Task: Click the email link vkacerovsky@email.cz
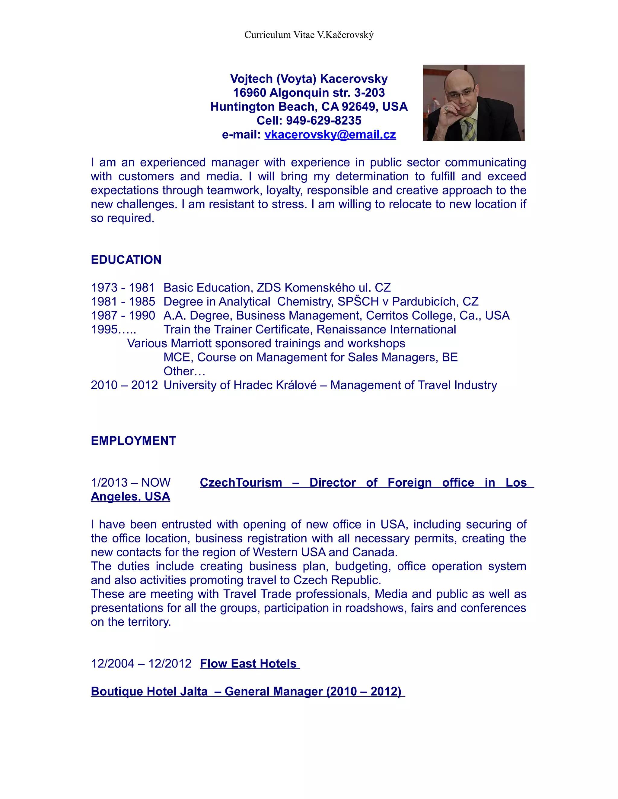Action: coord(330,135)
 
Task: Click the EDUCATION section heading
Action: coord(126,260)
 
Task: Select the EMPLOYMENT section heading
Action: coord(133,441)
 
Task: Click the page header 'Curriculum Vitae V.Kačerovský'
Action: coord(309,35)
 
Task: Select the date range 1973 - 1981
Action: coord(123,288)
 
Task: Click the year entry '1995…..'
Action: coord(113,329)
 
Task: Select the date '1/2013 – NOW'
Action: coord(130,482)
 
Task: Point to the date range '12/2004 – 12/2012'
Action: coord(141,663)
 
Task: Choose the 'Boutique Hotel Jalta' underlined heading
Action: coord(149,691)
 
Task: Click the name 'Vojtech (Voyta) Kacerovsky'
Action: coord(309,79)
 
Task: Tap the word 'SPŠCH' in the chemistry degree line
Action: coord(358,302)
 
